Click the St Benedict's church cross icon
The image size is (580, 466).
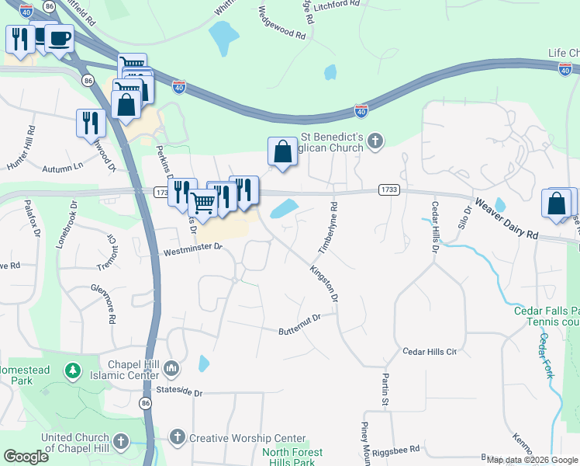[375, 141]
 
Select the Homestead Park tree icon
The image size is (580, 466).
[72, 370]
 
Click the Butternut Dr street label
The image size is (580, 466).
[308, 324]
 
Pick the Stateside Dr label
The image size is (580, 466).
[178, 392]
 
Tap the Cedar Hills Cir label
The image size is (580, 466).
[430, 351]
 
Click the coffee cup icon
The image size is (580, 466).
[59, 39]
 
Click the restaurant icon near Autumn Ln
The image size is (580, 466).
[91, 123]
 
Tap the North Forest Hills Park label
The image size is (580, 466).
[292, 457]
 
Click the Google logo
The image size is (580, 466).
[26, 457]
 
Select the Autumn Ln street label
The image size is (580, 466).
[63, 168]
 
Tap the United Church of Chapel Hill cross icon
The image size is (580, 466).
[121, 442]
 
